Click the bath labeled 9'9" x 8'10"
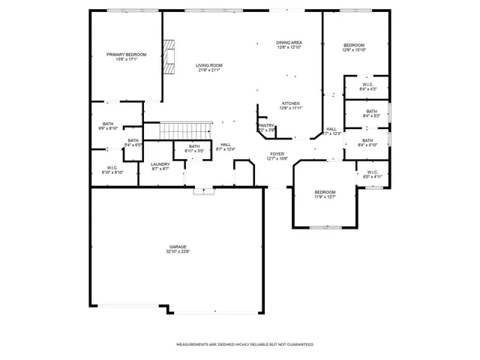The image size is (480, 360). (x=108, y=126)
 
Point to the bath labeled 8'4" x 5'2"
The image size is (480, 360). (x=371, y=114)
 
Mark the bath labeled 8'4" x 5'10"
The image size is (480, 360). (x=367, y=142)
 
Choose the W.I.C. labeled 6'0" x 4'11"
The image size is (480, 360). (x=373, y=175)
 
